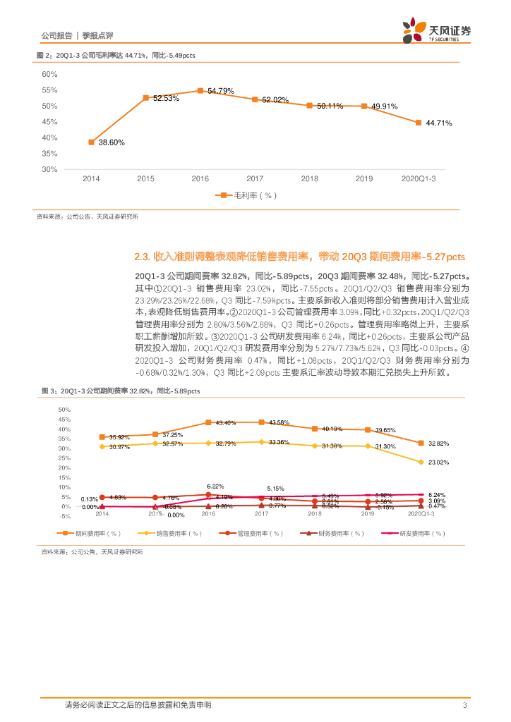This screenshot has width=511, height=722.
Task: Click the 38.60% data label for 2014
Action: click(x=111, y=142)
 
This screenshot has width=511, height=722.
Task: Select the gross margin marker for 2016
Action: click(x=200, y=91)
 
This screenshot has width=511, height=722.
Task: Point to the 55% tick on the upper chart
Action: click(x=49, y=90)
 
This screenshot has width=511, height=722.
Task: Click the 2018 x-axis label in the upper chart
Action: click(x=309, y=179)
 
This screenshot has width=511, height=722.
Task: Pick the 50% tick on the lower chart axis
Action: click(x=64, y=410)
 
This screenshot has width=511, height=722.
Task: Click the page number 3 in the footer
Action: click(x=464, y=705)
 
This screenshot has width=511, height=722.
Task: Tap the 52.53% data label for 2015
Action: click(x=166, y=99)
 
